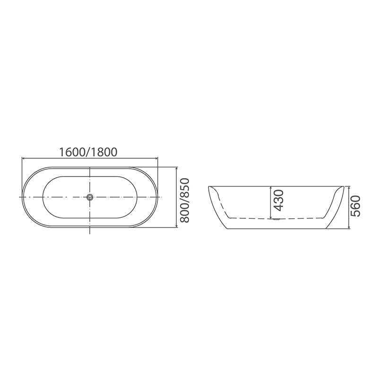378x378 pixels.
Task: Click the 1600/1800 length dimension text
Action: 88,152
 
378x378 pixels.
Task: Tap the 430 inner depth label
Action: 278,200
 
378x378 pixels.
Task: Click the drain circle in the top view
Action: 89,197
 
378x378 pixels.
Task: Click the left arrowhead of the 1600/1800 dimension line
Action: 24,158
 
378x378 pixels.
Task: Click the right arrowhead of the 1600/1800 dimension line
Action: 156,158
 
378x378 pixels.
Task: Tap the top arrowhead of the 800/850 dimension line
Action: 176,168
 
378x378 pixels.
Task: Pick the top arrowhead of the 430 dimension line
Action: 270,187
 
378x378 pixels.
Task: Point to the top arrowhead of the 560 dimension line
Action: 349,187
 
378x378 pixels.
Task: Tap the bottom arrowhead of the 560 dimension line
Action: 349,230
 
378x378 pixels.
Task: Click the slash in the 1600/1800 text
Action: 88,152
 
